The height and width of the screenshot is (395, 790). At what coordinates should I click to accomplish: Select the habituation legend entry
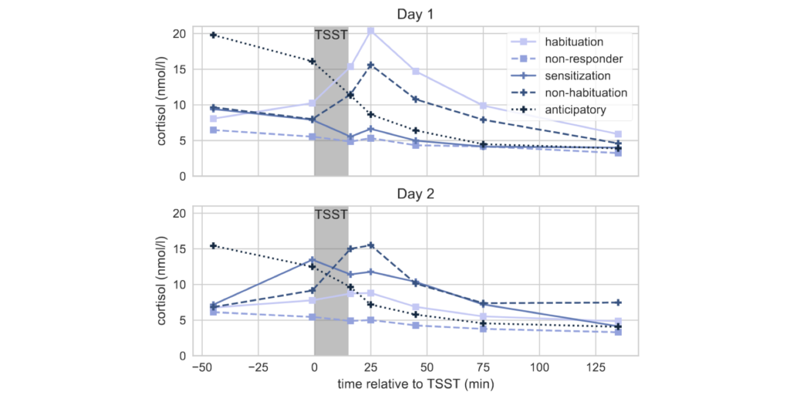[573, 42]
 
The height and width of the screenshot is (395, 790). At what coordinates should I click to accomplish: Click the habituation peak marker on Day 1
[371, 31]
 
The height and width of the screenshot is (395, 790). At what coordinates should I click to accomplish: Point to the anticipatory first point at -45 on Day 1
[213, 35]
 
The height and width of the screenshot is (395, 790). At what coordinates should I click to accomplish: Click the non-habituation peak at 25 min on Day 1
[371, 66]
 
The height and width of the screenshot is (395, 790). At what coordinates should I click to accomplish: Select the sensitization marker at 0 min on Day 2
[313, 260]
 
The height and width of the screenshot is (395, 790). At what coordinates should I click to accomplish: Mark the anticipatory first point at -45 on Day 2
[213, 246]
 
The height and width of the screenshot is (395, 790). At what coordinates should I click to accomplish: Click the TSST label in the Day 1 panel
[331, 35]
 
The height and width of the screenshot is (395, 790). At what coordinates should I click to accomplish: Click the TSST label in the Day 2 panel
[331, 214]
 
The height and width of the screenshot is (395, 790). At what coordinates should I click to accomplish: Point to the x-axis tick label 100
[539, 369]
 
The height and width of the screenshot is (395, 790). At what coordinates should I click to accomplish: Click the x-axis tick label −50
[201, 369]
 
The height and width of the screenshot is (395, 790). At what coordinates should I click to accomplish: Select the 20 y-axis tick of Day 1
[178, 34]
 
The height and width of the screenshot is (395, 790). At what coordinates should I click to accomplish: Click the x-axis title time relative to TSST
[415, 383]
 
